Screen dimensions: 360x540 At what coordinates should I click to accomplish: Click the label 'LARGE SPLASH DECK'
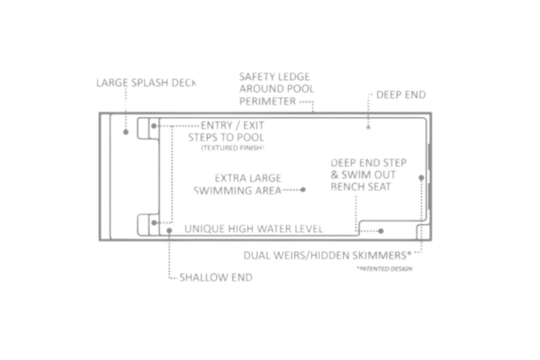(x=147, y=82)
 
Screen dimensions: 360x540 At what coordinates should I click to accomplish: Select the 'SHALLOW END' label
(x=205, y=275)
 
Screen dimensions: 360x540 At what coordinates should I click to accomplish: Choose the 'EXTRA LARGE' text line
(x=244, y=178)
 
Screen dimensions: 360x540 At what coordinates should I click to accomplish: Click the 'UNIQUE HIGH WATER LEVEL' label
(x=251, y=229)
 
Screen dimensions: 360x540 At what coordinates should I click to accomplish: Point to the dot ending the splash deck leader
(x=127, y=131)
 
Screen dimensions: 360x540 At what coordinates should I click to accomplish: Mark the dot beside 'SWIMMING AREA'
(x=305, y=190)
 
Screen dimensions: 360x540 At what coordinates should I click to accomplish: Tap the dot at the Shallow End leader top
(x=169, y=229)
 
